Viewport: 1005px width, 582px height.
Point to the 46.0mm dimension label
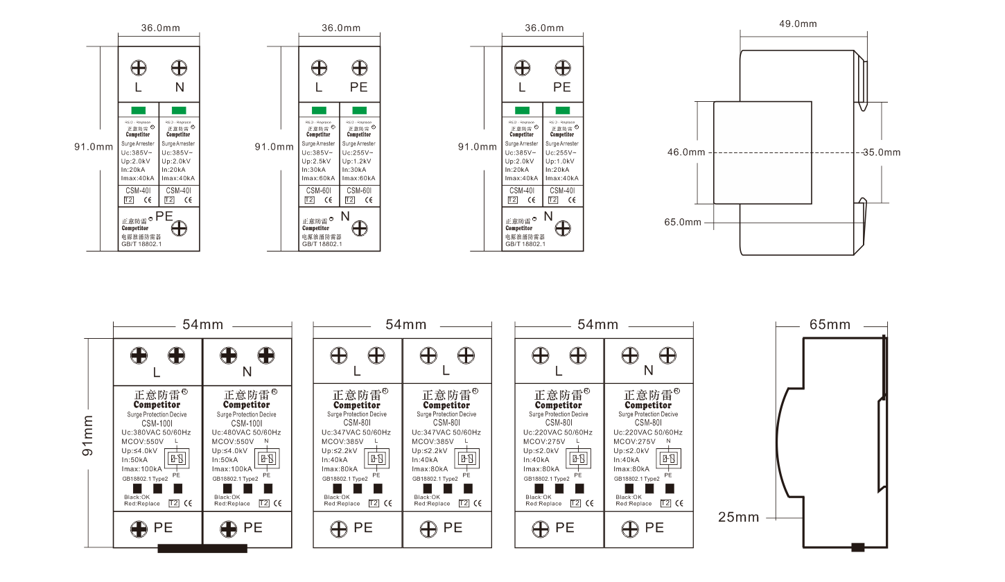(x=686, y=152)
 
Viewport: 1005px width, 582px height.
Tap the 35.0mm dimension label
(x=882, y=152)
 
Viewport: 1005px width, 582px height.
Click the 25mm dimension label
(x=738, y=517)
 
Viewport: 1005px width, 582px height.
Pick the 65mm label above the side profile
(x=830, y=325)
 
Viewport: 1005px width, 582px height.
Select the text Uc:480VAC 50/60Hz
(x=246, y=432)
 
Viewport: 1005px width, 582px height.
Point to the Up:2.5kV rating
(x=316, y=161)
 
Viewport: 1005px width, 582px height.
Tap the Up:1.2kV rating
(x=356, y=161)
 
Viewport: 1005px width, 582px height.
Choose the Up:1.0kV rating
(x=560, y=161)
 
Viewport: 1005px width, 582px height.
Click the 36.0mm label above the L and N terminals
(x=159, y=28)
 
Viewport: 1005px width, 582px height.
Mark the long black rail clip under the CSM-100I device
(x=202, y=549)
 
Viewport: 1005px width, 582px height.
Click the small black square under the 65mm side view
(x=858, y=547)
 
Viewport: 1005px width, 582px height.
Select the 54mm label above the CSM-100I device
(x=202, y=324)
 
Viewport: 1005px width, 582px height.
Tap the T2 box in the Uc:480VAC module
(x=264, y=504)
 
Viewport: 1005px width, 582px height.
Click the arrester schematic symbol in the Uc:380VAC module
(x=176, y=459)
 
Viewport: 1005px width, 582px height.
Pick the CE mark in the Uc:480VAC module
(x=277, y=504)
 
